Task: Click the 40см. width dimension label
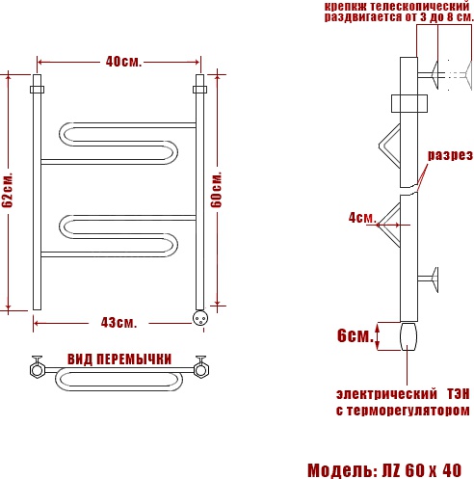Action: pos(123,62)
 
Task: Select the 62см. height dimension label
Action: pos(8,190)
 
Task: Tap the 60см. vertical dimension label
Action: pos(217,190)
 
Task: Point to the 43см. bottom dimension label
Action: pos(118,323)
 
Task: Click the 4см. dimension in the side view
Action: pos(362,218)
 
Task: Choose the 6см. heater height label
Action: pos(355,335)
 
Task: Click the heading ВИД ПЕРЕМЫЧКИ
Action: pos(119,359)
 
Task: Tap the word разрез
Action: pos(450,155)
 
